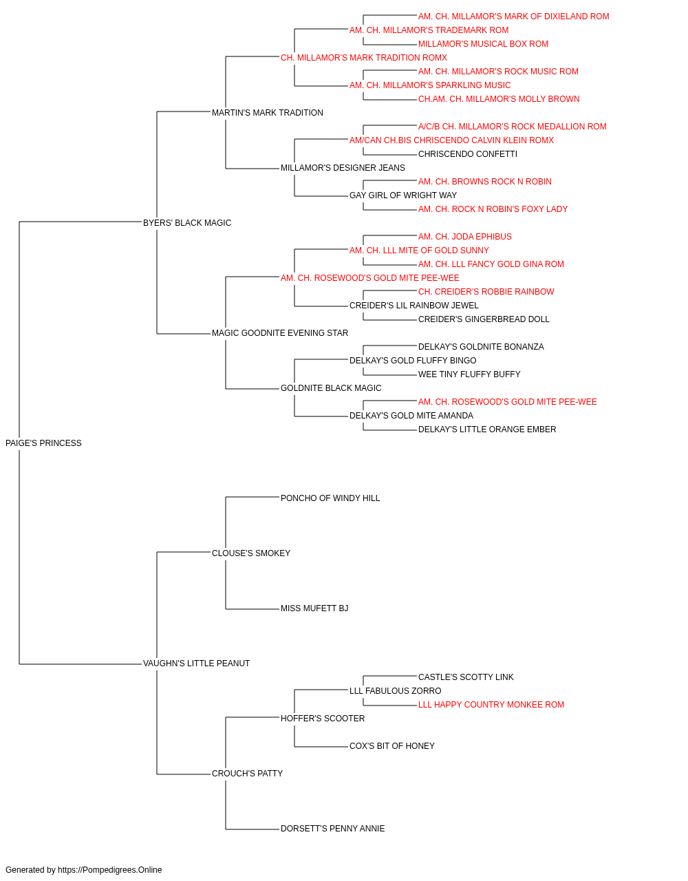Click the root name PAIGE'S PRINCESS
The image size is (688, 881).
point(43,443)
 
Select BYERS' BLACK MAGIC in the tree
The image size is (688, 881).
point(186,223)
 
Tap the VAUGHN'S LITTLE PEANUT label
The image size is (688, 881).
point(196,664)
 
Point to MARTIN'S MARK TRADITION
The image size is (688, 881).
point(268,113)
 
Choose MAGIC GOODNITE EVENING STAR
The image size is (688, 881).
point(280,333)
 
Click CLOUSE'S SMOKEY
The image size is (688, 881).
point(251,553)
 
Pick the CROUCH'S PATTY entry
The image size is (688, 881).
point(247,774)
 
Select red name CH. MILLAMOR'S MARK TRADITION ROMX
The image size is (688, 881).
point(364,58)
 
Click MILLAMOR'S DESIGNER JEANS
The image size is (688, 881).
point(343,168)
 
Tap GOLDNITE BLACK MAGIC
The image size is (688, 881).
point(331,388)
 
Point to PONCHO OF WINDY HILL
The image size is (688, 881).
point(330,498)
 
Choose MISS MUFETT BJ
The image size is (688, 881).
point(314,608)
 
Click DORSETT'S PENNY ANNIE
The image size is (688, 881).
point(333,829)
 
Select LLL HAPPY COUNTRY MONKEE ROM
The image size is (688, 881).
point(491,705)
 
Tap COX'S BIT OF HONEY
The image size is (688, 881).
point(391,746)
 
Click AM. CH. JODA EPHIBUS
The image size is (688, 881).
point(465,237)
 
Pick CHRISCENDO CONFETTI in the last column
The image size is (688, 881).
point(468,154)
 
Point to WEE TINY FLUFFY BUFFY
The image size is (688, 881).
point(469,374)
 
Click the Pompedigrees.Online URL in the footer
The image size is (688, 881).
point(110,870)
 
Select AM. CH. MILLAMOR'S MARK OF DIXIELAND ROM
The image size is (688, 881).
point(514,17)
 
